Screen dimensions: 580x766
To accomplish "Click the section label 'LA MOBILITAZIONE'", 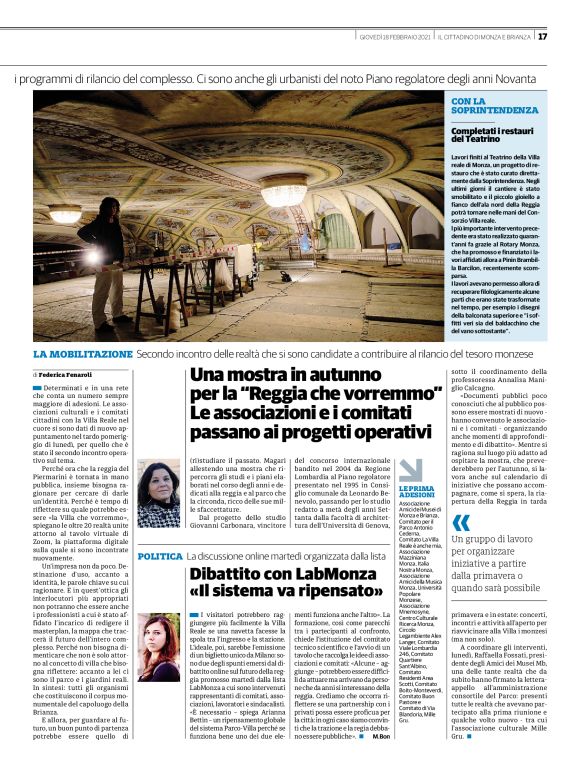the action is point(82,354).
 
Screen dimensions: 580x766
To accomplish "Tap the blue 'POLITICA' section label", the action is point(160,555).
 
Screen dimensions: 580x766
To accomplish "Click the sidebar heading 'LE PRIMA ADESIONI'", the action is point(416,490).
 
